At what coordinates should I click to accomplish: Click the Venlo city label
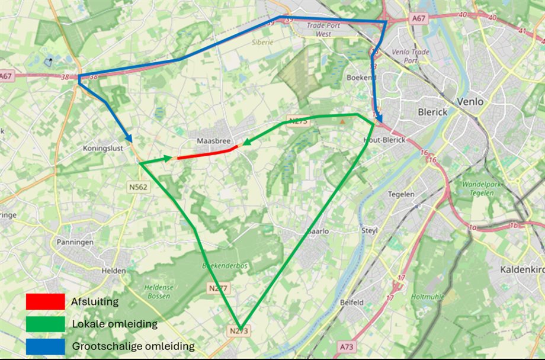point(470,102)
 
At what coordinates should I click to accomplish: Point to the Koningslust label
point(103,149)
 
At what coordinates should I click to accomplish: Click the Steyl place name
point(369,230)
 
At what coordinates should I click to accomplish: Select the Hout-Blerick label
point(384,140)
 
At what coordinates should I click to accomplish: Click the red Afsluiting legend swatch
point(45,301)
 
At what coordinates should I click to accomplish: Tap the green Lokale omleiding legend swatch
point(45,324)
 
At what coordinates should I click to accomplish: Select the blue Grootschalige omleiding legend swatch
point(45,346)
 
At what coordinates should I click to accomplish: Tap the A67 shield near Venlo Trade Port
point(419,19)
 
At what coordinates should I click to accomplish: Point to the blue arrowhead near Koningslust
point(128,137)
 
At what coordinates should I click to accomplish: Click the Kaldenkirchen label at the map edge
point(522,269)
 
